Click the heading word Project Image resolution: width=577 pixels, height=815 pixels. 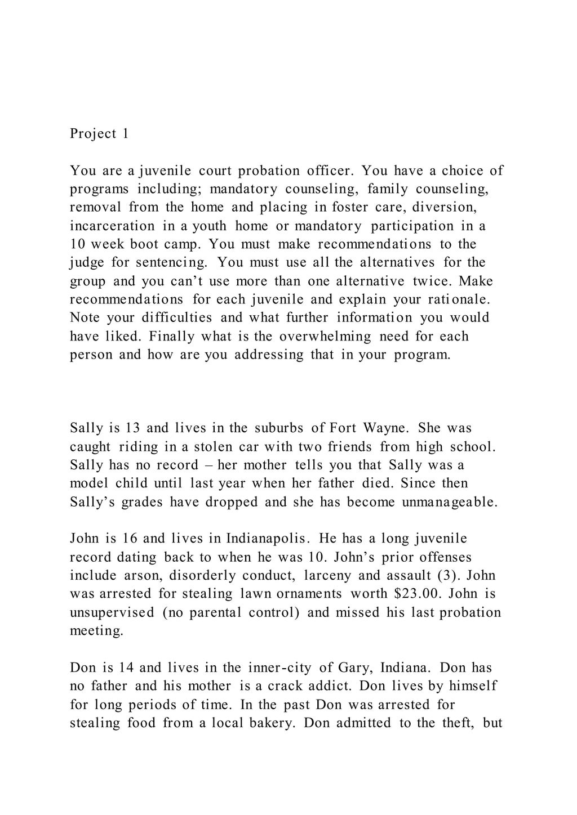click(94, 134)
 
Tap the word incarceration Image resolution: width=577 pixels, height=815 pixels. click(112, 226)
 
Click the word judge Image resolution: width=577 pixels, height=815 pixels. click(87, 262)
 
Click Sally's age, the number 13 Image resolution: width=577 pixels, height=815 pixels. click(132, 428)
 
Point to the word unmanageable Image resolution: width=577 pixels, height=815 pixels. click(450, 502)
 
